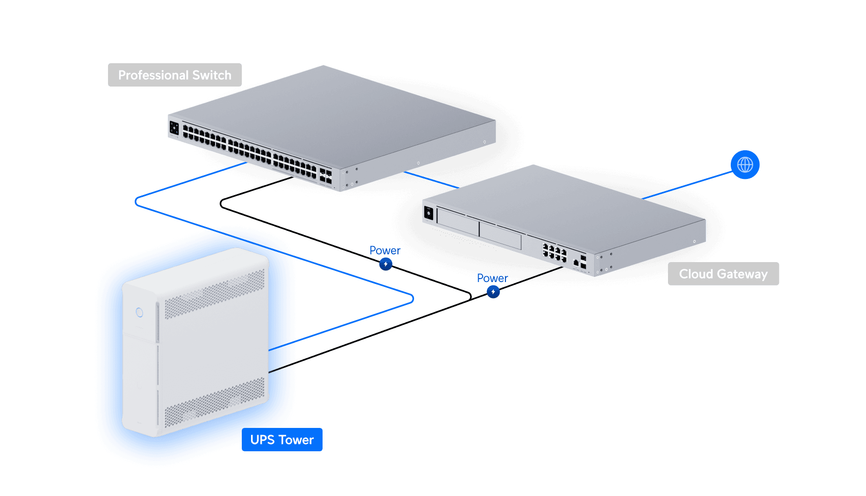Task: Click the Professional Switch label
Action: [x=175, y=75]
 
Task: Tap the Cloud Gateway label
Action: [x=723, y=274]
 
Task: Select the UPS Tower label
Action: [x=282, y=440]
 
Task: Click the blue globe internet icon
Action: [x=745, y=165]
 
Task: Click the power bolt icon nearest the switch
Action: [x=386, y=264]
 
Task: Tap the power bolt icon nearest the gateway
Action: [x=493, y=292]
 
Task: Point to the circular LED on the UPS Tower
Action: [x=139, y=312]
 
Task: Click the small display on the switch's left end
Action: [x=174, y=128]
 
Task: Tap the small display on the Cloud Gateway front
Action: [x=429, y=213]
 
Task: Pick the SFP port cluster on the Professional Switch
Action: [x=325, y=176]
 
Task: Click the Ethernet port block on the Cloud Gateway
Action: [x=555, y=253]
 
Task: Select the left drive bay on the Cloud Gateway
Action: [x=457, y=222]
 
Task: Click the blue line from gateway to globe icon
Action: [x=686, y=185]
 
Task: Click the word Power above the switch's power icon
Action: [x=385, y=250]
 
